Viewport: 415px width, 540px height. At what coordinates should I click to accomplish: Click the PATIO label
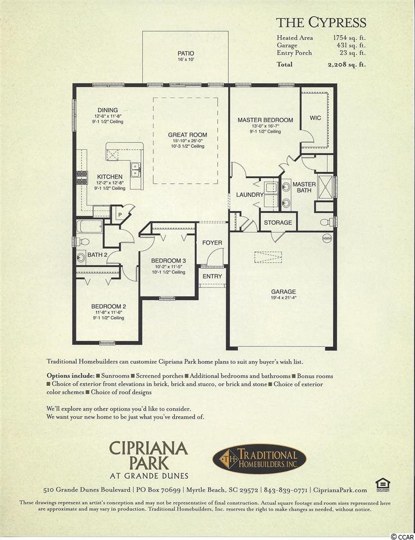(186, 53)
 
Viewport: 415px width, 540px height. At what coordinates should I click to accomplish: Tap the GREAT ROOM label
(188, 134)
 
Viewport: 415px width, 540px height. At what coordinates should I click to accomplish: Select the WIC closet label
(315, 118)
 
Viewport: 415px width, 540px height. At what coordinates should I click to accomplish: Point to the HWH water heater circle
(327, 238)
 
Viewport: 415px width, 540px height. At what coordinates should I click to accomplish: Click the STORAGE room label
(278, 223)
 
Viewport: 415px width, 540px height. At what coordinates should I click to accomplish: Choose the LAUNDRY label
(250, 195)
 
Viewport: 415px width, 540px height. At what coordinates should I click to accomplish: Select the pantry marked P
(120, 215)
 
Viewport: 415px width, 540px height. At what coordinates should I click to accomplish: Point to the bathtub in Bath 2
(89, 227)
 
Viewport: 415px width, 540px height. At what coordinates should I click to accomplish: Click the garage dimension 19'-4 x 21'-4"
(283, 298)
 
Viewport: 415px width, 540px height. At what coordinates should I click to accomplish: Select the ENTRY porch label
(212, 276)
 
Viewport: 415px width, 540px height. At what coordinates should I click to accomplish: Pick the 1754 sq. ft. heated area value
(349, 38)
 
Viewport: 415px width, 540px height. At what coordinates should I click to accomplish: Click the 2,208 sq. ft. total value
(346, 64)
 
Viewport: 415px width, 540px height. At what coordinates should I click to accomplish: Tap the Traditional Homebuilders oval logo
(259, 459)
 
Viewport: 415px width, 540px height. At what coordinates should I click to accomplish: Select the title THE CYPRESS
(321, 22)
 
